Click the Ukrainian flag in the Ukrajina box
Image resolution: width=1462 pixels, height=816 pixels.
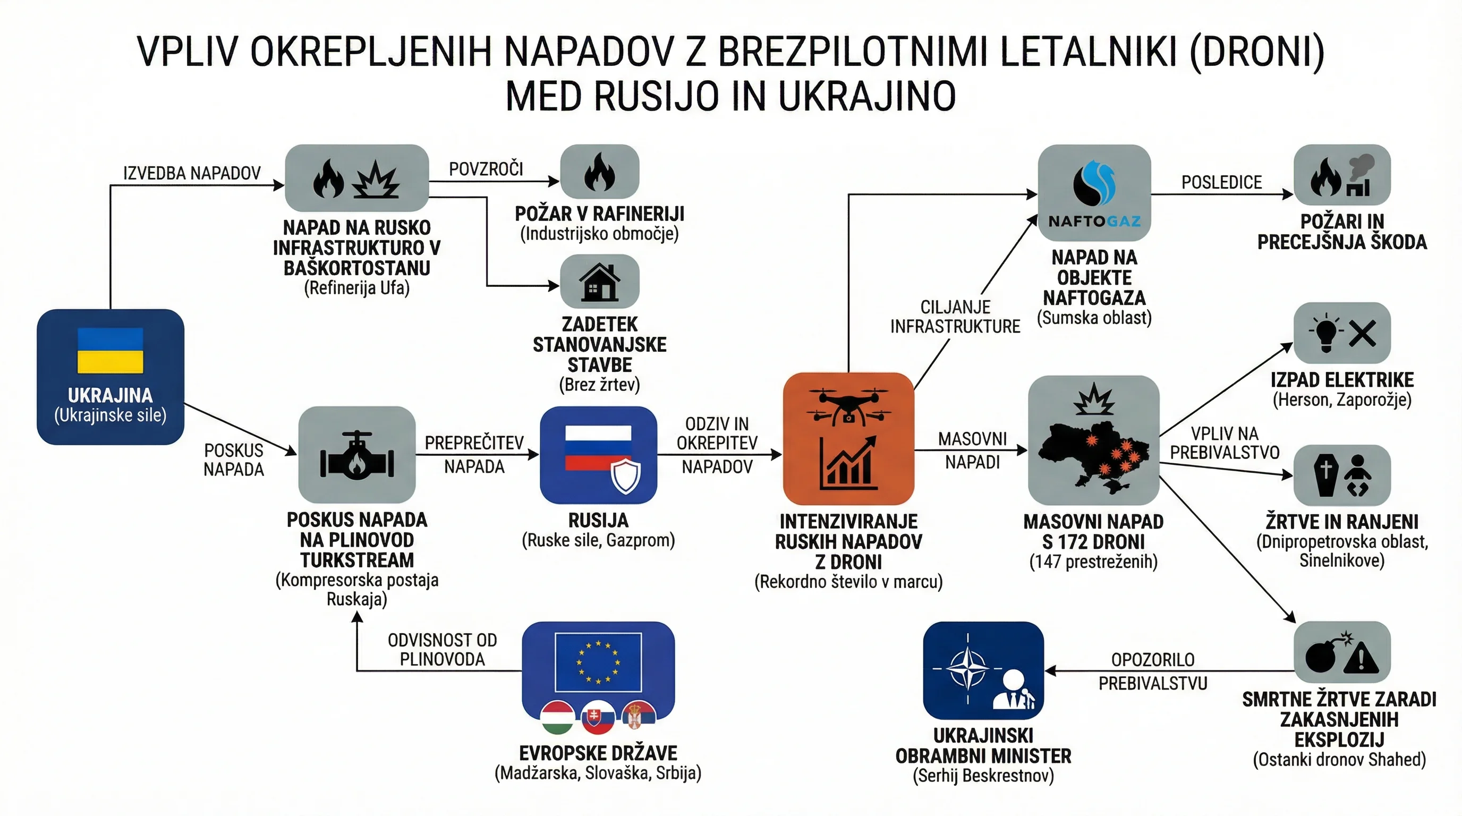pos(110,350)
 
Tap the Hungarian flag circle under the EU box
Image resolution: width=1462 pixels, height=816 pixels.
pos(557,718)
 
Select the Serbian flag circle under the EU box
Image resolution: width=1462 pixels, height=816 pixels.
pos(639,718)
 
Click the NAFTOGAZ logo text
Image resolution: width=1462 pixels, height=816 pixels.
pos(1094,222)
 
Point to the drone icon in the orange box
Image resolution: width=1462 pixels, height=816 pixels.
pos(848,406)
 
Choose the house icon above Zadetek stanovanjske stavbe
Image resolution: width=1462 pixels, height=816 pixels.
pos(599,282)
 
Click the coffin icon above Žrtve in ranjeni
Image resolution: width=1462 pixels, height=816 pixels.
pos(1326,475)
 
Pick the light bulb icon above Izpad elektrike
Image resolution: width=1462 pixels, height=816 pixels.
pos(1326,333)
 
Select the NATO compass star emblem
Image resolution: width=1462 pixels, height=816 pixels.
pos(967,668)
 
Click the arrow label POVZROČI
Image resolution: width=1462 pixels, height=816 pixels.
pos(486,169)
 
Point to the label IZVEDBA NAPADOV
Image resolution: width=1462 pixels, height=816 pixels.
pos(192,173)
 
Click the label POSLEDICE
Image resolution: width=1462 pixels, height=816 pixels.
pos(1221,182)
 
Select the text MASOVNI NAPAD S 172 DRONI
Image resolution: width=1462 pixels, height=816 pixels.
pos(1093,532)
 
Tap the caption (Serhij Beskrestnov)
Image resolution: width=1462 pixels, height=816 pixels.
pos(983,776)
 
